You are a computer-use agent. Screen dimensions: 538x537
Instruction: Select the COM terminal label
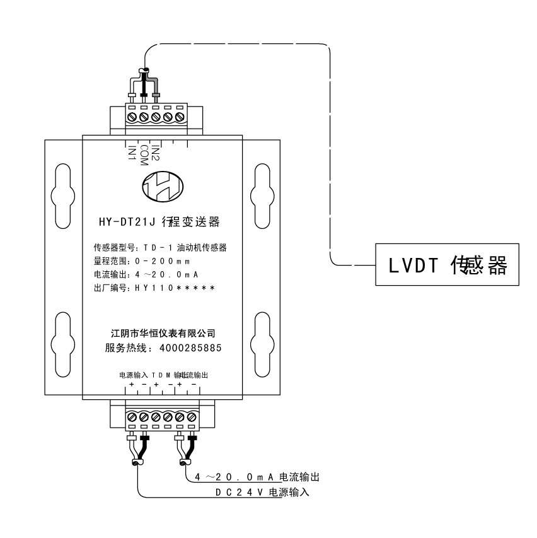[x=144, y=155]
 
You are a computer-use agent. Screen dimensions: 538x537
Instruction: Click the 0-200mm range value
[x=161, y=260]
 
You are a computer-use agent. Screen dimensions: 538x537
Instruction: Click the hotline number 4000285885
[x=190, y=348]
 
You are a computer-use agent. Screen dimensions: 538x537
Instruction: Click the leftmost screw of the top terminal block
[x=132, y=117]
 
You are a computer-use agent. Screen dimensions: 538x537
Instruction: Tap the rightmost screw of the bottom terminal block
[x=192, y=416]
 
